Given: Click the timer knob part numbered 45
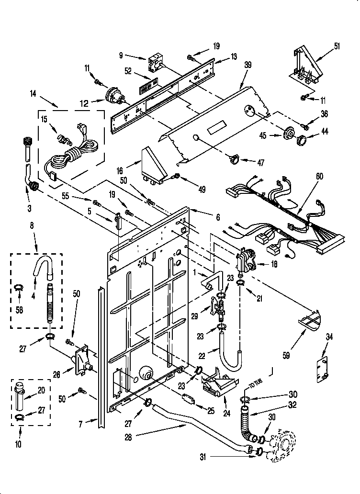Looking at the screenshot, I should pos(289,135).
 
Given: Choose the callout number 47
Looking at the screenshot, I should pos(260,163).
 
